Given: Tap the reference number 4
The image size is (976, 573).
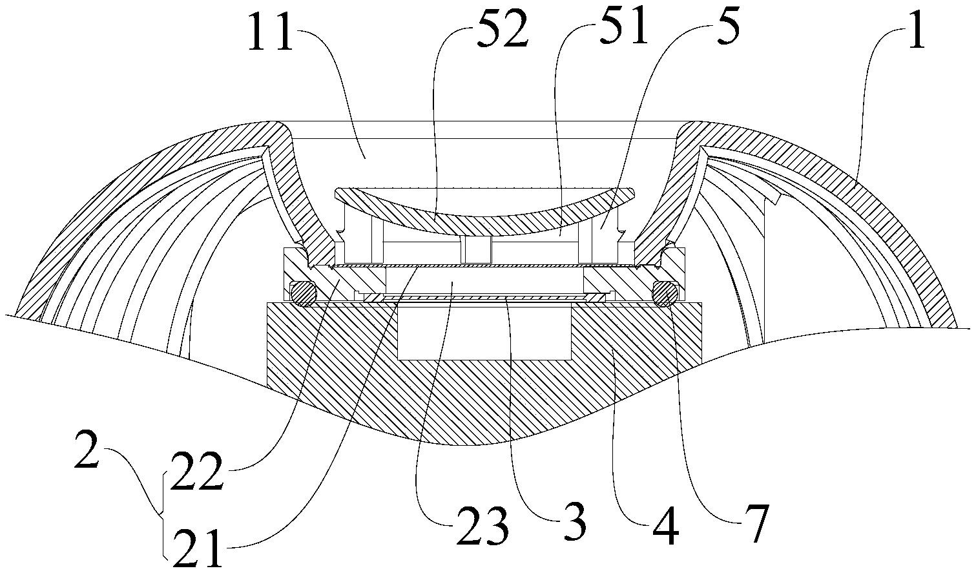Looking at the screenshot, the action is click(666, 525).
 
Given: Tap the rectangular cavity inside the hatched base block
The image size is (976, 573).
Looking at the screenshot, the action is click(484, 333).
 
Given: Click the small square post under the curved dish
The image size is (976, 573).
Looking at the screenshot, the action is click(476, 251).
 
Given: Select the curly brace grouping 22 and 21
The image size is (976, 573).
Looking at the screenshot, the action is click(163, 515).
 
